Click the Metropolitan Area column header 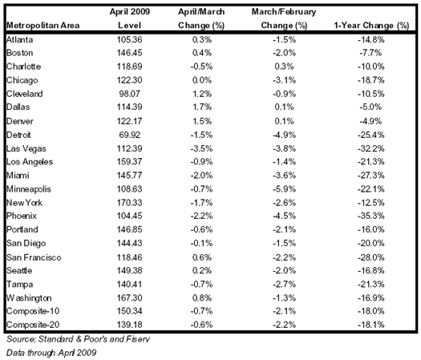tap(43, 26)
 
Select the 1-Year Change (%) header tap(371, 26)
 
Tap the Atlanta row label tap(19, 40)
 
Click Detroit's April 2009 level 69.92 tap(129, 135)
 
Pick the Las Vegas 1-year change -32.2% tap(370, 148)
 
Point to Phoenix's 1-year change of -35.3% tap(370, 216)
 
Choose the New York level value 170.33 tap(129, 202)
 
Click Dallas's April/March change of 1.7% tap(201, 107)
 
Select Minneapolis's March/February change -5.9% tap(284, 189)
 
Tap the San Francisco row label tap(34, 257)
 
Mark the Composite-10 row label tap(33, 311)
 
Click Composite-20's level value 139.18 tap(129, 325)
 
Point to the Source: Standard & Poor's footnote tap(78, 339)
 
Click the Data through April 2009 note tap(51, 353)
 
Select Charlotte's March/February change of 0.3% tap(284, 67)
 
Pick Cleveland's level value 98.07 tap(129, 94)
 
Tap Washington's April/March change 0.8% tap(201, 297)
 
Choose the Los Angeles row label tap(30, 162)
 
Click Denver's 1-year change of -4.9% tap(370, 121)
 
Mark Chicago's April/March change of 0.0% tap(201, 80)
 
